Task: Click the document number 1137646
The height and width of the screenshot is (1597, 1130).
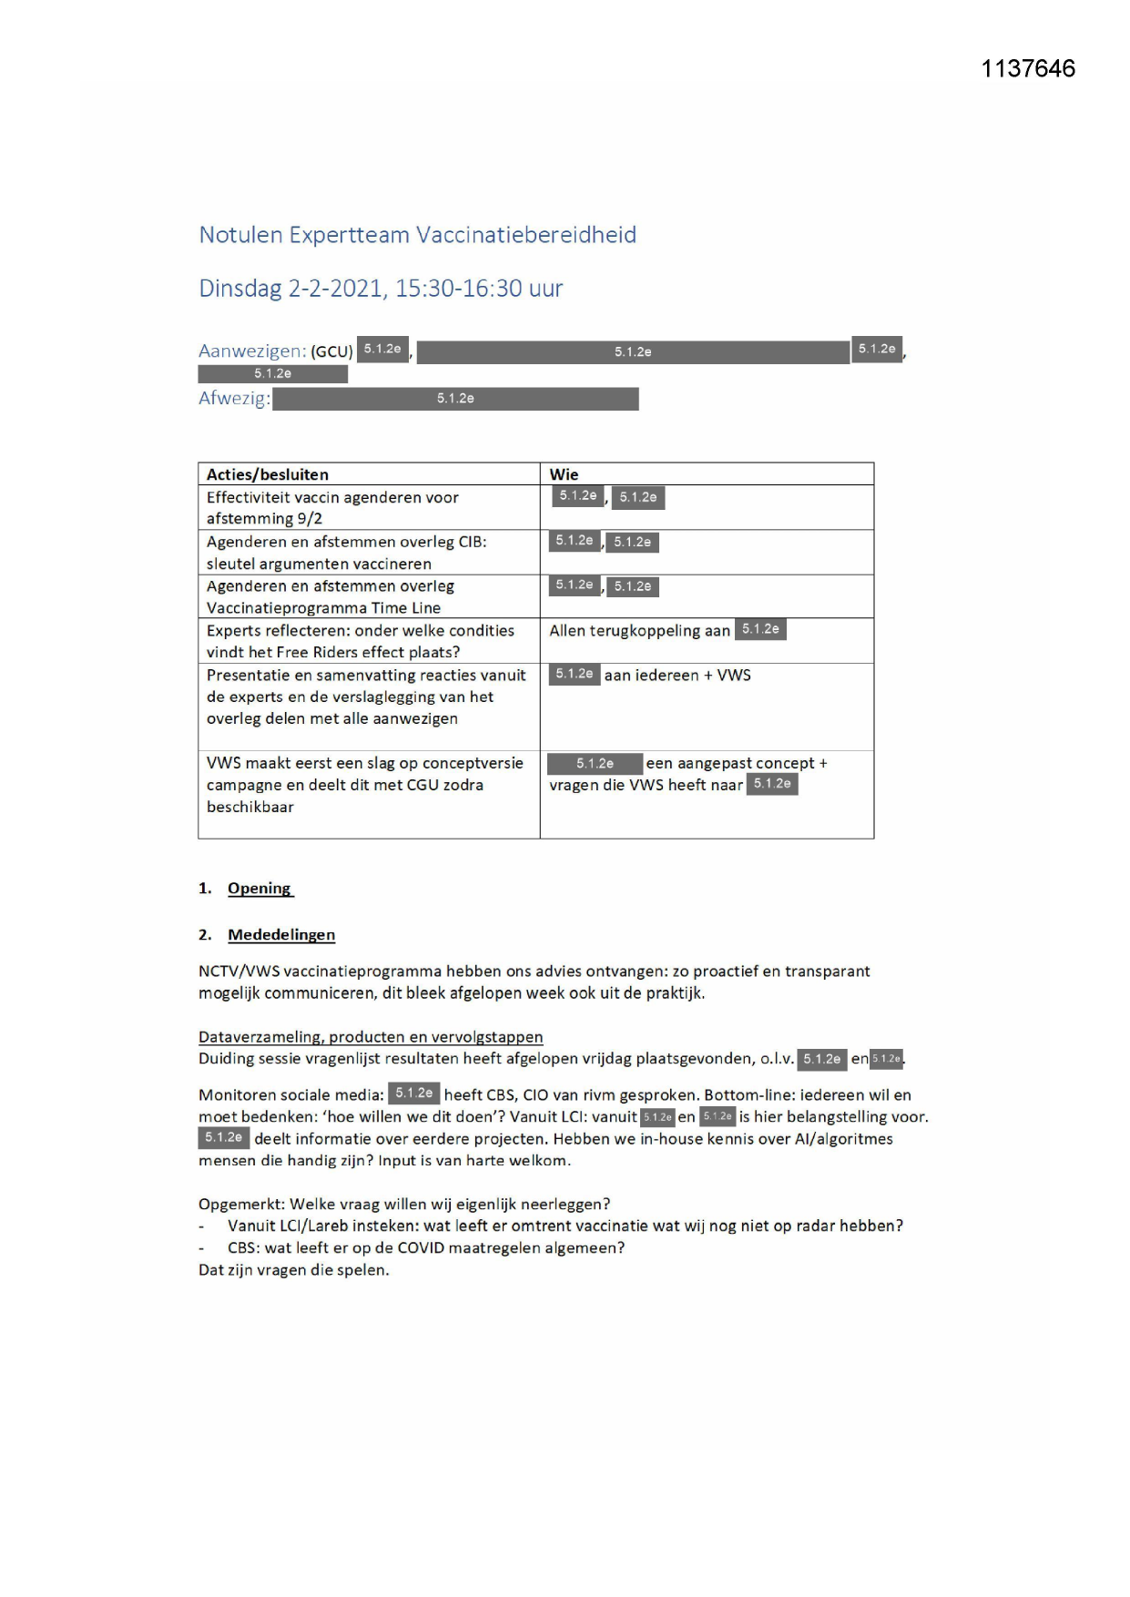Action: pyautogui.click(x=1028, y=69)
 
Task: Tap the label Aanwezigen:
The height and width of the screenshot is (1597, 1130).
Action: pyautogui.click(x=252, y=351)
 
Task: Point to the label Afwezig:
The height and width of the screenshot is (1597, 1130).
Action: pyautogui.click(x=234, y=399)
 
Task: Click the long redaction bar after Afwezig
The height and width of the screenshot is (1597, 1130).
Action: pyautogui.click(x=455, y=399)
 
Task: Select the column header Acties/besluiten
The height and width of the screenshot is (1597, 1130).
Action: pyautogui.click(x=267, y=474)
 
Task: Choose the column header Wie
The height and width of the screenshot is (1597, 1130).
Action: pyautogui.click(x=564, y=474)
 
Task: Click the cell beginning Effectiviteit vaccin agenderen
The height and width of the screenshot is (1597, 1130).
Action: pyautogui.click(x=332, y=507)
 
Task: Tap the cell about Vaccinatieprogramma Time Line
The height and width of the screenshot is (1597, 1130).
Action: pyautogui.click(x=323, y=608)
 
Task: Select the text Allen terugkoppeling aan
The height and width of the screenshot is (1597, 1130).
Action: pyautogui.click(x=639, y=631)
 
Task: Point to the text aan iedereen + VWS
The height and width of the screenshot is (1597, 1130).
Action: pyautogui.click(x=677, y=676)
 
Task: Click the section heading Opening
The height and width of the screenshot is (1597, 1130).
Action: pyautogui.click(x=260, y=889)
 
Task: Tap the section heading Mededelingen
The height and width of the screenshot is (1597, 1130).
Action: pyautogui.click(x=281, y=935)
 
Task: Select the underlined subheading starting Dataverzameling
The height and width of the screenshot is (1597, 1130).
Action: pyautogui.click(x=371, y=1037)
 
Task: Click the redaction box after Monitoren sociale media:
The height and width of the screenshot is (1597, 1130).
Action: pyautogui.click(x=413, y=1093)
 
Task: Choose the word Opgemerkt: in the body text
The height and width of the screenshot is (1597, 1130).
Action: pyautogui.click(x=240, y=1205)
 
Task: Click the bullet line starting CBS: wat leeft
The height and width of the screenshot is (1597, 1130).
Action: pyautogui.click(x=426, y=1248)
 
